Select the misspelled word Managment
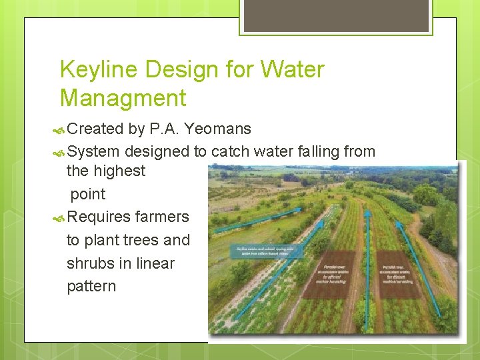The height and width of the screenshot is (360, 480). (x=123, y=99)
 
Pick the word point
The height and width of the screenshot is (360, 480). (x=88, y=194)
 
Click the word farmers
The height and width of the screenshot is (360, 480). (x=162, y=217)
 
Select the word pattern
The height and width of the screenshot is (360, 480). (x=91, y=286)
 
